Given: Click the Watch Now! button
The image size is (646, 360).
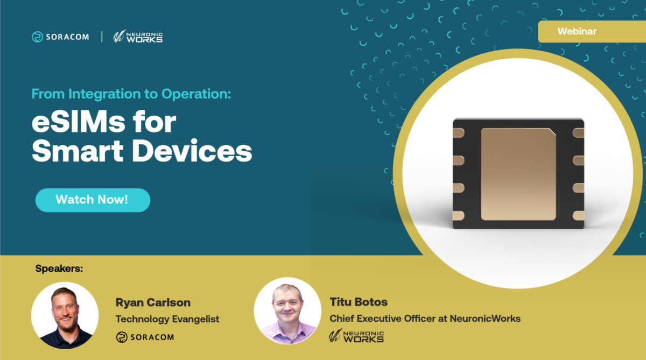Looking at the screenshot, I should [x=93, y=200].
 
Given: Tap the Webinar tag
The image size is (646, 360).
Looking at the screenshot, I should [x=577, y=31].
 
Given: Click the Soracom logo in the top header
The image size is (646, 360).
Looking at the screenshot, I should [x=60, y=37].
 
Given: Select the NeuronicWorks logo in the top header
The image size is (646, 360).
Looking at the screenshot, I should [x=138, y=37].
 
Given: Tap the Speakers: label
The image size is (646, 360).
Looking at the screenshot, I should [x=59, y=268].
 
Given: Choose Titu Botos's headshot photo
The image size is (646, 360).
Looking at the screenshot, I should [x=287, y=310].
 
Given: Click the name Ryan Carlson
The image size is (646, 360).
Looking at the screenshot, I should [x=153, y=302].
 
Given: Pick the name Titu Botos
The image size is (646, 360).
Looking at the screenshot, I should [x=359, y=302].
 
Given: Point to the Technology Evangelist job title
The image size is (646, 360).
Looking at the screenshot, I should [x=167, y=319].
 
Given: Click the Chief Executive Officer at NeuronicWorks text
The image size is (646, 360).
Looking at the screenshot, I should [x=425, y=319].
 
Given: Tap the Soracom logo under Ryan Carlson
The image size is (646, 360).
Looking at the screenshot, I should [x=145, y=337].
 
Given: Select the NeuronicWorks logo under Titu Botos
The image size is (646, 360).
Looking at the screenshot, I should [x=356, y=336].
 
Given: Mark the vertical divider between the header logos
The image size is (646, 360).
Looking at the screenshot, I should [x=102, y=37].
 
